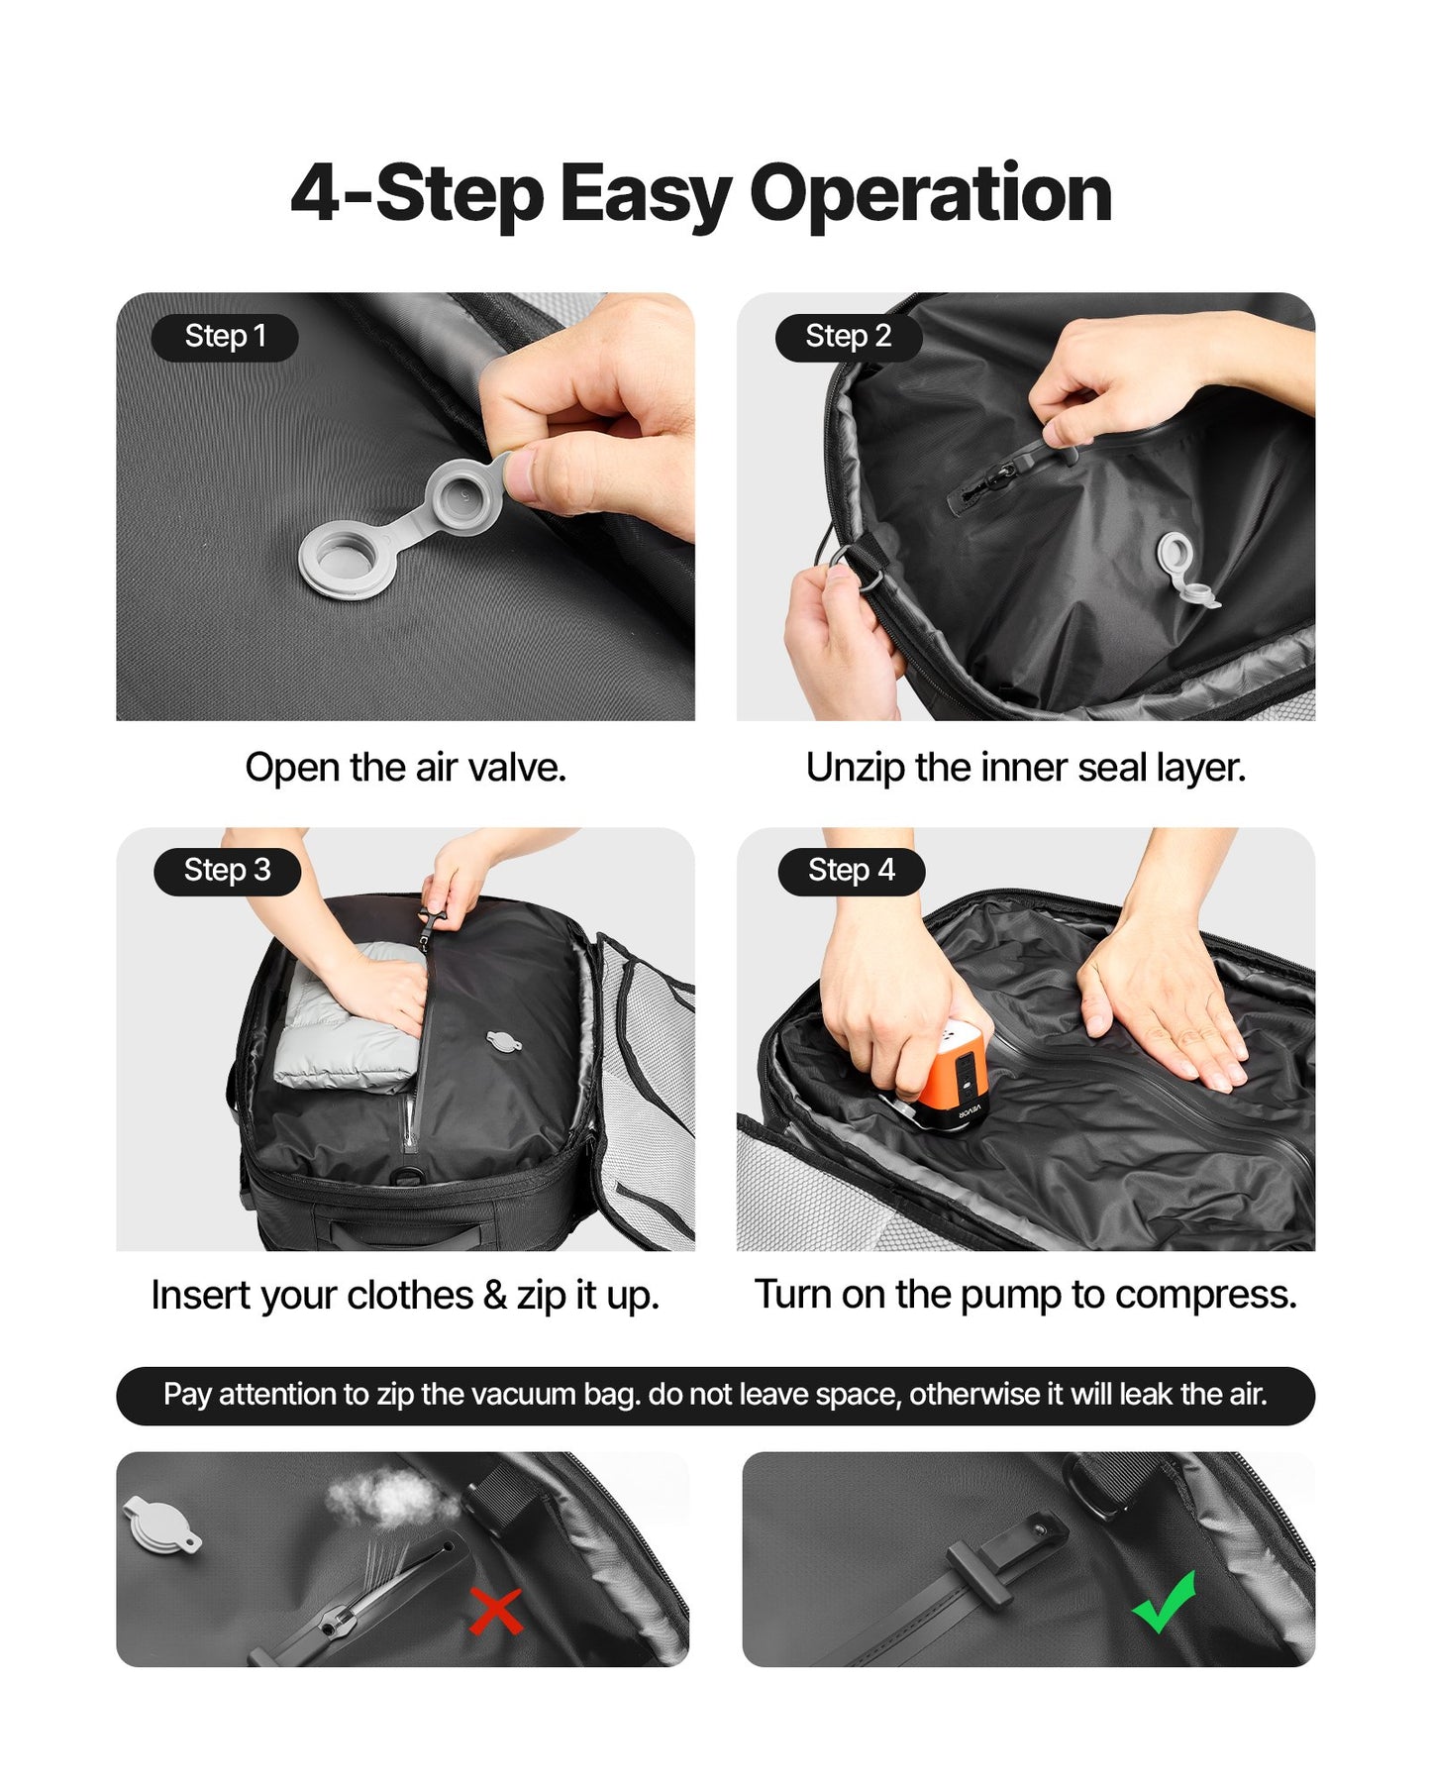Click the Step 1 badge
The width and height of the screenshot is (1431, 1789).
225,337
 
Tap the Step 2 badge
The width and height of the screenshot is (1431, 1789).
848,337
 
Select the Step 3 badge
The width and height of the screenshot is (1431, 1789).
227,871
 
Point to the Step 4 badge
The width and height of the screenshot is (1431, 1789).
851,871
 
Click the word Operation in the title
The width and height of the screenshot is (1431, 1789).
930,194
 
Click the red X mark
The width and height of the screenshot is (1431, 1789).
495,1611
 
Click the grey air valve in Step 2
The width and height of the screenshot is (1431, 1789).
1181,565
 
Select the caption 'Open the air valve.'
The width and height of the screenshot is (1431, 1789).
405,768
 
